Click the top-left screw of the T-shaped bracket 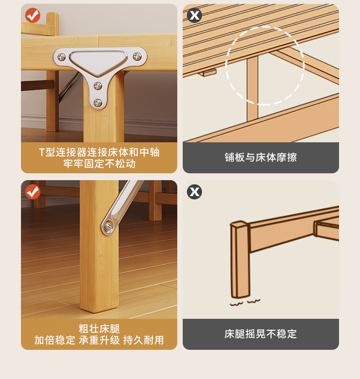[x=62, y=57]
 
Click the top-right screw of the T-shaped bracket [x=137, y=57]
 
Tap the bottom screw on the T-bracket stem [x=98, y=103]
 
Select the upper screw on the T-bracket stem [x=98, y=86]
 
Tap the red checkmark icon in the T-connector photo [x=33, y=15]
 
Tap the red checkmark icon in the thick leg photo [x=33, y=192]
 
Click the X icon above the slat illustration [x=195, y=15]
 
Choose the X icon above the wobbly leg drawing [x=195, y=192]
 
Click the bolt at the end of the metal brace [x=108, y=227]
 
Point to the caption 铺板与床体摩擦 [x=261, y=157]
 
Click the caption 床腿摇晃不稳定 [x=261, y=334]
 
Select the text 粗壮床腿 [x=99, y=329]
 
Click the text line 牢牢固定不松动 [x=99, y=164]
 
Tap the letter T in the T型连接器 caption [x=42, y=152]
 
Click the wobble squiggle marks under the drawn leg [x=245, y=302]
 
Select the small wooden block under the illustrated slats [x=207, y=72]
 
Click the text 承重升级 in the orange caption [x=99, y=340]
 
